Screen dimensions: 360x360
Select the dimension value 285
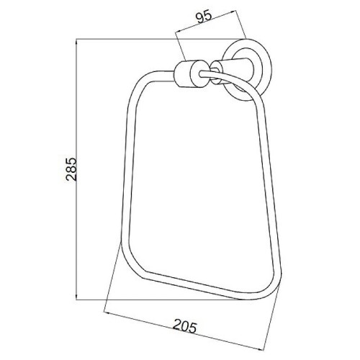(x=71, y=169)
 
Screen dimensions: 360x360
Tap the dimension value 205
(x=185, y=326)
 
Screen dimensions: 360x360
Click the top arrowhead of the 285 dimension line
(x=76, y=42)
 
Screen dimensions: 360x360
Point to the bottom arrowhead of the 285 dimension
(x=76, y=296)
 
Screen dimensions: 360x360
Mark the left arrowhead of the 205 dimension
(x=108, y=313)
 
